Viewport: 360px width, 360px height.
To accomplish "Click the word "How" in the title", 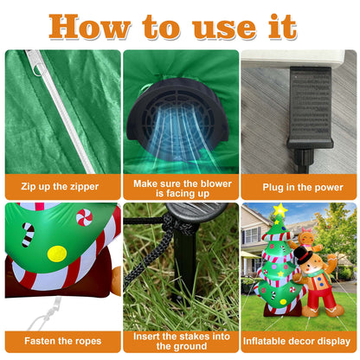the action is (x=90, y=27).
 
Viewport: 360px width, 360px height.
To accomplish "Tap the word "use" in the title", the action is (x=224, y=29).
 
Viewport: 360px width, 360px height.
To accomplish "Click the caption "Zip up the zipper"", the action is (x=60, y=187).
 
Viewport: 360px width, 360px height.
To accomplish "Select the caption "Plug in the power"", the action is (x=303, y=188).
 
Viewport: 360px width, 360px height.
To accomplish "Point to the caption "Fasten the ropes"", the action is (x=63, y=341).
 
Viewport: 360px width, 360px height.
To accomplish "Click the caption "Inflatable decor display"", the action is (x=297, y=341).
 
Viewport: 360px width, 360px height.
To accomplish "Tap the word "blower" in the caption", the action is (x=216, y=183).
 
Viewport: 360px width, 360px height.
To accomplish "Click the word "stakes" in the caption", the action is (x=191, y=337).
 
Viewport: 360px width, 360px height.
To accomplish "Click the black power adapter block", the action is (x=310, y=107).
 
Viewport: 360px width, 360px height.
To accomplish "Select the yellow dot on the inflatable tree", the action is (x=57, y=254).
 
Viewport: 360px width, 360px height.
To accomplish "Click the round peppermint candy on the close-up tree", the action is (x=84, y=217).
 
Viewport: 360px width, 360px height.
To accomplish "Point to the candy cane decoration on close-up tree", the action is (x=28, y=235).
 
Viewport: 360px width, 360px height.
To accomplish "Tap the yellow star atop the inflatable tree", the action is (x=280, y=210).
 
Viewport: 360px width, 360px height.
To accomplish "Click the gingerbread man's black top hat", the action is (x=303, y=254).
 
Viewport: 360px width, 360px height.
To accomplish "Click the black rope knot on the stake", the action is (x=170, y=223).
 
